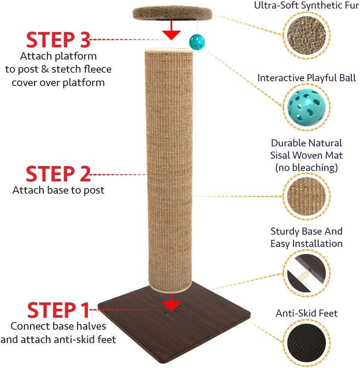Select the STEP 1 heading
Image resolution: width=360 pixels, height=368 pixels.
59,310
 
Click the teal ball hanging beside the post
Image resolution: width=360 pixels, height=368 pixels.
195,40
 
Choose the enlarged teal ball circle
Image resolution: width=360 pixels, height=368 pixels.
307,108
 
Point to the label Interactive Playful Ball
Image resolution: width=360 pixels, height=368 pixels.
306,78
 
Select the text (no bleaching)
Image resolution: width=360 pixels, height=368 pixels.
306,168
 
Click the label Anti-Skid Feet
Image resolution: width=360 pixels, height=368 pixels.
306,313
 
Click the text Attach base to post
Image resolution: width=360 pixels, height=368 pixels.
59,190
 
